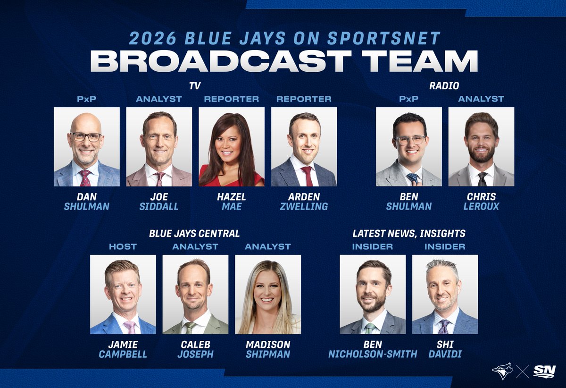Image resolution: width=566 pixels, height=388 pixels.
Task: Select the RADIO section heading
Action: tap(444, 86)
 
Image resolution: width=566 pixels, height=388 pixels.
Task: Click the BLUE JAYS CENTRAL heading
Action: tap(194, 233)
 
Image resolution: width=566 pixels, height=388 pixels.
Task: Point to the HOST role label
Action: tap(123, 246)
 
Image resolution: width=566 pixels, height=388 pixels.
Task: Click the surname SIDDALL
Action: tap(158, 206)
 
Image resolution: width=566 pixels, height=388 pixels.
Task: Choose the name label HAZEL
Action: tap(231, 196)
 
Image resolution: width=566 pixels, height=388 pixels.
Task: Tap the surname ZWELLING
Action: tap(304, 206)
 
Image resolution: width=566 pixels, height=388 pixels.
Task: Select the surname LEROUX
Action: tap(481, 206)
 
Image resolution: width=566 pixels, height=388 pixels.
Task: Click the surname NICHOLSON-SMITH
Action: tap(373, 354)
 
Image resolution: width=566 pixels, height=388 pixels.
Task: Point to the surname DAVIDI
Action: tap(445, 354)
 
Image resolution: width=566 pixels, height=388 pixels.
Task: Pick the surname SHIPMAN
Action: tap(267, 354)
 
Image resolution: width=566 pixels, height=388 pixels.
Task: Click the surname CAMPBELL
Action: tap(123, 354)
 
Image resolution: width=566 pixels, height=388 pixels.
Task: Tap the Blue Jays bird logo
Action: tap(502, 371)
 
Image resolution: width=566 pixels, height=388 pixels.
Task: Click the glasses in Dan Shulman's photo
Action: tap(86, 137)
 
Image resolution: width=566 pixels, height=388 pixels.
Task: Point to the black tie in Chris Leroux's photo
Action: tap(482, 179)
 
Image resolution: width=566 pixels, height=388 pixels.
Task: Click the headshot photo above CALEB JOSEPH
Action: tap(195, 295)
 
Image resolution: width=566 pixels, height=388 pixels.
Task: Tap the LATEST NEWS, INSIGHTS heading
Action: tap(409, 233)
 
